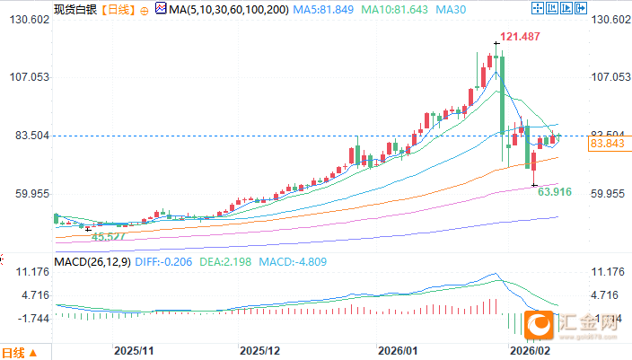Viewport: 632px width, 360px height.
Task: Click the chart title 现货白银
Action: pyautogui.click(x=74, y=10)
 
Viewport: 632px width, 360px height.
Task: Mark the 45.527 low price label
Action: pyautogui.click(x=110, y=235)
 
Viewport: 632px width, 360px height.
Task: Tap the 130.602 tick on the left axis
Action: pyautogui.click(x=28, y=20)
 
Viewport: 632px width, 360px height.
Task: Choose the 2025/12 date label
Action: pyautogui.click(x=261, y=349)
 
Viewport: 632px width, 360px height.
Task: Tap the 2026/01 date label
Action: pyautogui.click(x=398, y=349)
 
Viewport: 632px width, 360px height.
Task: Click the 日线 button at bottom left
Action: pyautogui.click(x=20, y=352)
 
